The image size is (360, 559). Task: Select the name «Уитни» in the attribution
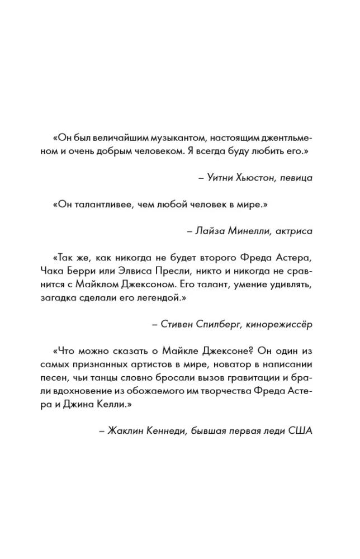[x=217, y=178]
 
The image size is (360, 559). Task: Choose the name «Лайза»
[x=206, y=230]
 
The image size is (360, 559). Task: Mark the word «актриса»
[x=292, y=230]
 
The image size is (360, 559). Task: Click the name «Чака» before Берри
[x=53, y=271]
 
